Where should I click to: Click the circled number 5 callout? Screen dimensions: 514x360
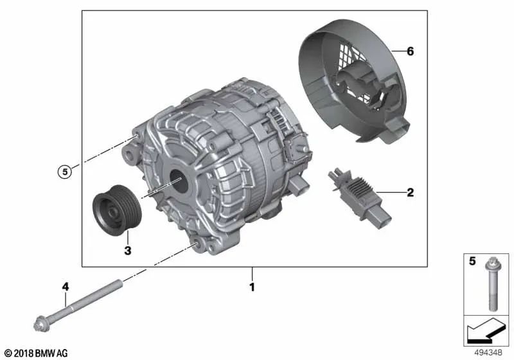coord(65,172)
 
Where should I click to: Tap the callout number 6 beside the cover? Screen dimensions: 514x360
coord(410,51)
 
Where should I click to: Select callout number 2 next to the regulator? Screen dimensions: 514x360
coord(410,192)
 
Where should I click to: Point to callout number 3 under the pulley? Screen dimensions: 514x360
coord(128,251)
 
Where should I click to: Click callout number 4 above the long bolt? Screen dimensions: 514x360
coord(66,287)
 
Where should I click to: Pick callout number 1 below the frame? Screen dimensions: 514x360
coord(252,287)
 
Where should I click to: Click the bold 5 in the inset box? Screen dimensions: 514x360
coord(472,261)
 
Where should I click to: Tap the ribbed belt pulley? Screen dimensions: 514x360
coord(117,210)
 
